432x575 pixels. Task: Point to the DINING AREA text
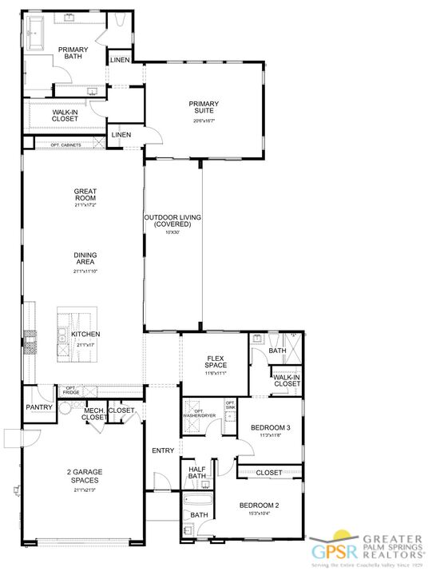(x=85, y=259)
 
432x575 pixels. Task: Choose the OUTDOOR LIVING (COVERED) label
(x=172, y=221)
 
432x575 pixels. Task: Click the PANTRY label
(x=38, y=407)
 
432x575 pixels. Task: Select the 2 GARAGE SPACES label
(x=84, y=477)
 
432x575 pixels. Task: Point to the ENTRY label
(x=163, y=450)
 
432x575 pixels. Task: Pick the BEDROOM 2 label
(x=260, y=506)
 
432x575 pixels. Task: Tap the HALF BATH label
(x=196, y=473)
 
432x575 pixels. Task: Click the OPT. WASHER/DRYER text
(x=200, y=413)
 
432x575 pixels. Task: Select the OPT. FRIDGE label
(x=72, y=391)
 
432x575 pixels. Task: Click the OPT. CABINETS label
(x=66, y=145)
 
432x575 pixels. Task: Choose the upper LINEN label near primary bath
(x=120, y=60)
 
